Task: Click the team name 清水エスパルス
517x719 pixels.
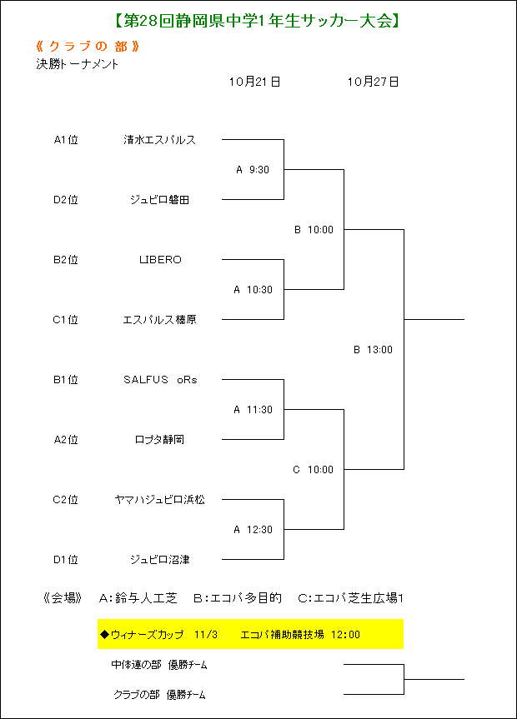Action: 160,139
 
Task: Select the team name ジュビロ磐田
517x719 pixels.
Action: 160,199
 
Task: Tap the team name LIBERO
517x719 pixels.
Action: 160,260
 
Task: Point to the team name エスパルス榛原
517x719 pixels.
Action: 160,320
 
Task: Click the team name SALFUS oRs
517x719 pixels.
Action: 160,380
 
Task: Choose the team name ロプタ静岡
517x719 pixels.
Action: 160,440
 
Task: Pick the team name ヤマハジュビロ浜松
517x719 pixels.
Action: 160,499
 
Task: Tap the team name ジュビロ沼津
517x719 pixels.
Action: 160,559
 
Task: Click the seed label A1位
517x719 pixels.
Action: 66,139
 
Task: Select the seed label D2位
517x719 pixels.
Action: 66,199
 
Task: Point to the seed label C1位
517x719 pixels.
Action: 65,320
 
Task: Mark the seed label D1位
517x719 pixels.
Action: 66,559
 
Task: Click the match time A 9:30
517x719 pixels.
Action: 253,170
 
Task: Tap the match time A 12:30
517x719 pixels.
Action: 253,530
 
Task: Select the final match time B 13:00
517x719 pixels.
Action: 373,350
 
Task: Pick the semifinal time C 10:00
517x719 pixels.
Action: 314,470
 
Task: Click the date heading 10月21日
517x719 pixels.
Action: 255,82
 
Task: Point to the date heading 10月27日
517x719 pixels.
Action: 373,82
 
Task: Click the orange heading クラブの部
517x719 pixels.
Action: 88,47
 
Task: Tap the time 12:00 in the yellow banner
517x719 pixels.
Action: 345,635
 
